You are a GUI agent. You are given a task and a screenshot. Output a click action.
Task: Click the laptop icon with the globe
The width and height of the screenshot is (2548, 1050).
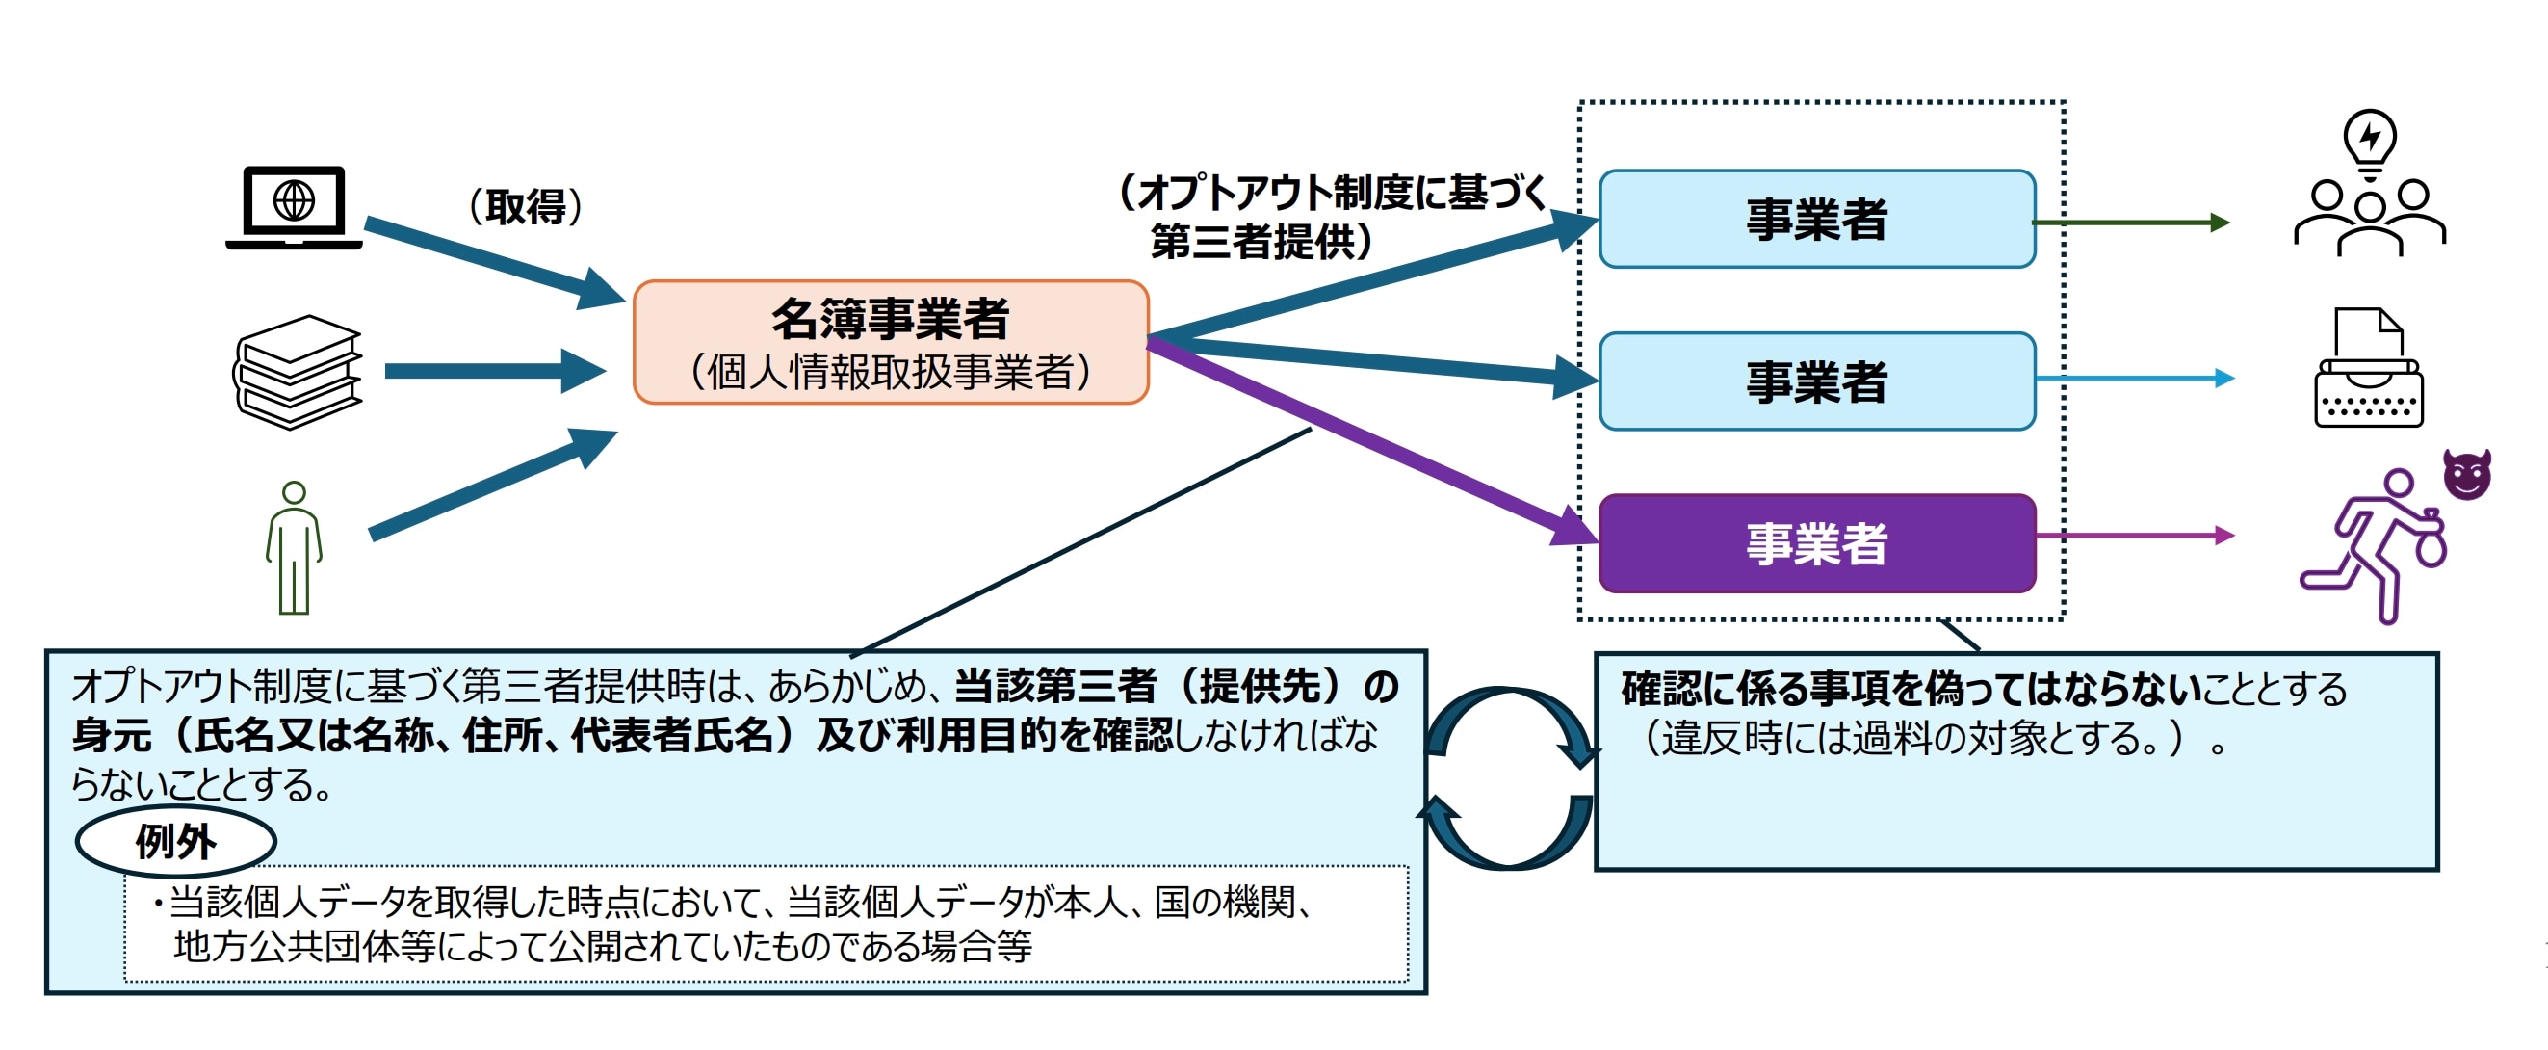tap(294, 207)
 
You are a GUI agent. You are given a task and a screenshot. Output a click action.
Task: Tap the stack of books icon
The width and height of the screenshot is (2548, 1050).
tap(298, 372)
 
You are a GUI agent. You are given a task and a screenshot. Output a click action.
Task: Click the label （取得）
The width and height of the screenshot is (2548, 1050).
tap(524, 207)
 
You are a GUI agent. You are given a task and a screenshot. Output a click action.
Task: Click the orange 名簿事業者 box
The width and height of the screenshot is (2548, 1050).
tap(890, 342)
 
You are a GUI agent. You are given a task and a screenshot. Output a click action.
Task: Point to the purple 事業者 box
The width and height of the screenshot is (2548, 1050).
tap(1816, 543)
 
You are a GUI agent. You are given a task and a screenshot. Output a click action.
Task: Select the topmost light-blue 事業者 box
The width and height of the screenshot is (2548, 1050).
tap(1816, 219)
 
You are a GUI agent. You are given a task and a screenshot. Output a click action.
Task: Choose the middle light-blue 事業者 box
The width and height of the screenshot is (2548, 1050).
tap(1816, 381)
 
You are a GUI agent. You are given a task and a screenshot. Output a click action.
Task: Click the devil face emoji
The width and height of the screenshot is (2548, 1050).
tap(2467, 475)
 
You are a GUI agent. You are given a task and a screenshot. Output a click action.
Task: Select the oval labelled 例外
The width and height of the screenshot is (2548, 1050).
tap(176, 842)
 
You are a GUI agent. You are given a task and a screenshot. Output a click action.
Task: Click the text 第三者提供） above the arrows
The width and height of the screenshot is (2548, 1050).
tap(1262, 242)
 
